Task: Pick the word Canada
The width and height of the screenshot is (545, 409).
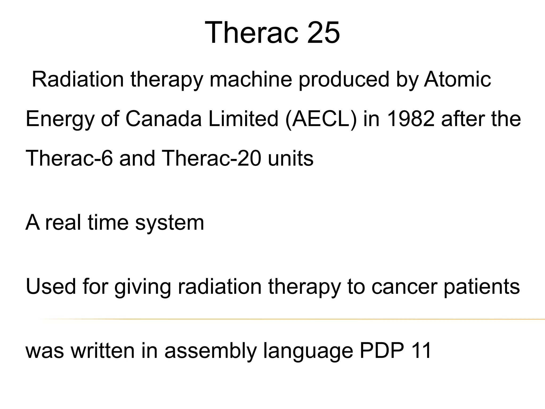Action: (163, 119)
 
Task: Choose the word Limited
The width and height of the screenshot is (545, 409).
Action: (243, 119)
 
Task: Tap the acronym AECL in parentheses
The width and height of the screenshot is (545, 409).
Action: (320, 119)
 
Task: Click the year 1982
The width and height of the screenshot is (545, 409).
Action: (410, 119)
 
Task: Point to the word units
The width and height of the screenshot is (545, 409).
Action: (291, 158)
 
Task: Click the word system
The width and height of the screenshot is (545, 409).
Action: (170, 223)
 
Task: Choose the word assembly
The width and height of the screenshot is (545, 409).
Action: (210, 351)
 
